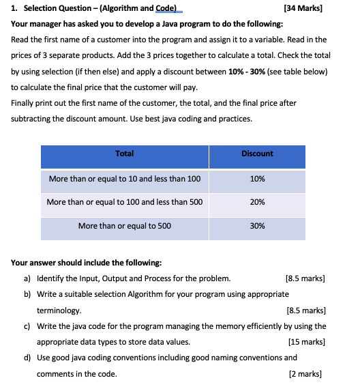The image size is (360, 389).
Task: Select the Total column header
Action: pos(125,154)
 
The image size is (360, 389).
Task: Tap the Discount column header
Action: pos(257,154)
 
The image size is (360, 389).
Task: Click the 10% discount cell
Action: pos(257,179)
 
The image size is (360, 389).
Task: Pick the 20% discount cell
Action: pos(257,202)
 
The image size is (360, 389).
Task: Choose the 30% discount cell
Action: pos(257,226)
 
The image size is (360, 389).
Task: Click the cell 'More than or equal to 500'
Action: pos(125,226)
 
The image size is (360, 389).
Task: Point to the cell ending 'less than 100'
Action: pos(125,179)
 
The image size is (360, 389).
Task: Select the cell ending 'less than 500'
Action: pos(125,202)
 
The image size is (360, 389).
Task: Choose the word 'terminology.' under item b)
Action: pos(59,310)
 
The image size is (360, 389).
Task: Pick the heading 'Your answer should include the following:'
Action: pos(87,262)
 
